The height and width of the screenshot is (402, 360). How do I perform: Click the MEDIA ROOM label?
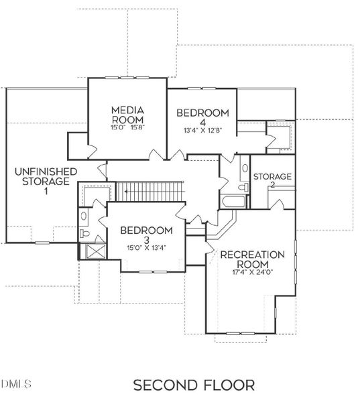pyautogui.click(x=129, y=114)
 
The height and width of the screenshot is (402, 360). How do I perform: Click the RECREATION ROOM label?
pyautogui.click(x=253, y=259)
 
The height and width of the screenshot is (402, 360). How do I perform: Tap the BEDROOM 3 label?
pyautogui.click(x=146, y=234)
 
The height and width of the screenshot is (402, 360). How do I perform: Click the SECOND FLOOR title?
pyautogui.click(x=194, y=385)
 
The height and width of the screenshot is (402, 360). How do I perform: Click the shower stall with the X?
pyautogui.click(x=89, y=251)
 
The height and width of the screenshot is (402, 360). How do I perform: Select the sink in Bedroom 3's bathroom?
pyautogui.click(x=83, y=216)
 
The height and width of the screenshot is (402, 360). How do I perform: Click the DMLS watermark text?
pyautogui.click(x=16, y=384)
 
